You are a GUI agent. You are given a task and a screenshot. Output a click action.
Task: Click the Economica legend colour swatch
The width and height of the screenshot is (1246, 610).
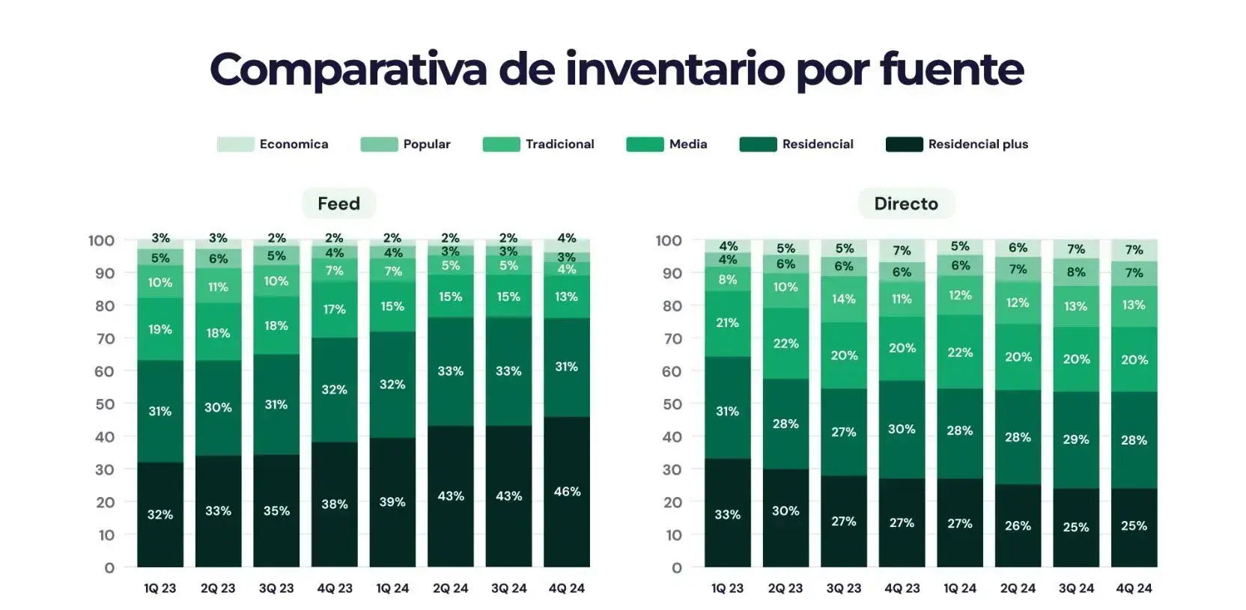(235, 144)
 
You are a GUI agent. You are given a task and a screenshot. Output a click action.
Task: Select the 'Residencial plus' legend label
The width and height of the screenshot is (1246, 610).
(978, 144)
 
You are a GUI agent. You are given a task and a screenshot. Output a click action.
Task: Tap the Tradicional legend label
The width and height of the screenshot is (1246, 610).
(559, 144)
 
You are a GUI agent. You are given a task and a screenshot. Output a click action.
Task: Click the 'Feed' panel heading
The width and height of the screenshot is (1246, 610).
(338, 204)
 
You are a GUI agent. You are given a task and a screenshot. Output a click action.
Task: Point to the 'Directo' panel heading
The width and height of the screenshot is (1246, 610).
(906, 204)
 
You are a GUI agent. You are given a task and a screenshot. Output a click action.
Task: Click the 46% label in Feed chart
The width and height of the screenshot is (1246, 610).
(567, 492)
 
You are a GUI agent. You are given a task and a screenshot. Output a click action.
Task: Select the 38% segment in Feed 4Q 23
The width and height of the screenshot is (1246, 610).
(334, 504)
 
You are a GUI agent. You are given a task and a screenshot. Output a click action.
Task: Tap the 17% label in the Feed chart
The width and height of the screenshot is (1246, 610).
(334, 309)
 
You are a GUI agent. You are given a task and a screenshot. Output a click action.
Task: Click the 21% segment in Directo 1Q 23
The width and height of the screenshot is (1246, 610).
(727, 323)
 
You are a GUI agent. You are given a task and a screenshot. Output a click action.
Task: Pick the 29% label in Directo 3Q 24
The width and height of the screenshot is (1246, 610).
(1076, 440)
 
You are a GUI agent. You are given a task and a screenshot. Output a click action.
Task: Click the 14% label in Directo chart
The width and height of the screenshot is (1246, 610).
(843, 299)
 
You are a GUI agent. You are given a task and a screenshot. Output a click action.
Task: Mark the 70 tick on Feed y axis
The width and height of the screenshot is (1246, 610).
(104, 339)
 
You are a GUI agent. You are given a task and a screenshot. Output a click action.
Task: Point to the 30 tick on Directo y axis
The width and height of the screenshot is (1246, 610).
(672, 470)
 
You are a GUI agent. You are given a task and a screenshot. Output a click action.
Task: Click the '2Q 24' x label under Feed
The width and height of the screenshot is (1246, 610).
(450, 588)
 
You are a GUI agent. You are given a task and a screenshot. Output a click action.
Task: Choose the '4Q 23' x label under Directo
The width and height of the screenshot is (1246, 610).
(902, 588)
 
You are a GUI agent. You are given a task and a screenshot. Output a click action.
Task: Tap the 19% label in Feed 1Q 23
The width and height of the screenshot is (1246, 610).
(159, 329)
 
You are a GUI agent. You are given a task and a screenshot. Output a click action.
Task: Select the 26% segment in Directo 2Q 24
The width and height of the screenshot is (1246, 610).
(1018, 526)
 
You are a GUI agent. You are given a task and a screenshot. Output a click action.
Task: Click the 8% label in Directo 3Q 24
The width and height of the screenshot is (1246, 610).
(1076, 272)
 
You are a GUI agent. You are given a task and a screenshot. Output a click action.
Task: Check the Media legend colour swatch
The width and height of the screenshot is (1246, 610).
(645, 144)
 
